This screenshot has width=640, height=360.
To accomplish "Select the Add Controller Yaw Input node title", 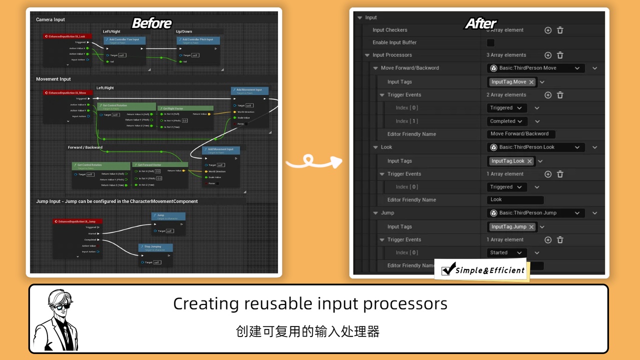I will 124,39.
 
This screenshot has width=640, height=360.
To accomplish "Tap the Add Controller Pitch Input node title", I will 197,39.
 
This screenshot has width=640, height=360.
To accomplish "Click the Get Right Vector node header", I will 185,108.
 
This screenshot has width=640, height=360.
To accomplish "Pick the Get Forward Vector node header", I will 159,165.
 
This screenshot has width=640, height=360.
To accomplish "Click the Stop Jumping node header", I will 155,247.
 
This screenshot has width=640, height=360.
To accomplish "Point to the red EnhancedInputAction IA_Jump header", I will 77,221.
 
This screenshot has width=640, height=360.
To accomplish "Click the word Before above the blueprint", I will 151,23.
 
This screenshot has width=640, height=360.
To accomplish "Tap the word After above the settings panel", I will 480,23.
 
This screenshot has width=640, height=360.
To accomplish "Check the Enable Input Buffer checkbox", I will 490,42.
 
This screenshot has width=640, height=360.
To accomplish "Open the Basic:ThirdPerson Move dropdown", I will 534,68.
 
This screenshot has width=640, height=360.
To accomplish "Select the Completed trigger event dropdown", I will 506,121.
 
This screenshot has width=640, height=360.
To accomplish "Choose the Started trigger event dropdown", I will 506,253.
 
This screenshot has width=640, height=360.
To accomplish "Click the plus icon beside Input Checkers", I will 548,30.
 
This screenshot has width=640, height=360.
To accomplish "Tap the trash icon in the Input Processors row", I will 560,55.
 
